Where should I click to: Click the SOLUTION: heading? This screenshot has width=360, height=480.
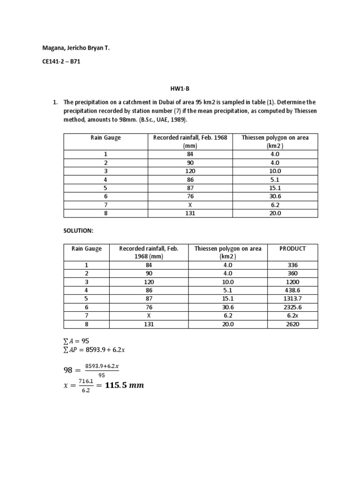[78, 232]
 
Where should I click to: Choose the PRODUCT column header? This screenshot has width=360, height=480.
[292, 248]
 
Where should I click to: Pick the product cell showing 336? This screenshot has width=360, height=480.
[292, 265]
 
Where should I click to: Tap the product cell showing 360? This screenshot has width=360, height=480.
[292, 273]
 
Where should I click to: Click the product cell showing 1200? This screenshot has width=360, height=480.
[292, 282]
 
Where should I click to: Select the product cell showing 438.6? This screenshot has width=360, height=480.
[292, 290]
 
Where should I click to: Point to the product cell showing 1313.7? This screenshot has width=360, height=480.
[292, 299]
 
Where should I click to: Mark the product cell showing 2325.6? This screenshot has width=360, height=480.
[292, 307]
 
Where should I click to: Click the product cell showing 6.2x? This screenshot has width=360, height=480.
[292, 315]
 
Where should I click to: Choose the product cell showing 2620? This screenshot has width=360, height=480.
[292, 324]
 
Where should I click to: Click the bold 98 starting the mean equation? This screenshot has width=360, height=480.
[69, 370]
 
